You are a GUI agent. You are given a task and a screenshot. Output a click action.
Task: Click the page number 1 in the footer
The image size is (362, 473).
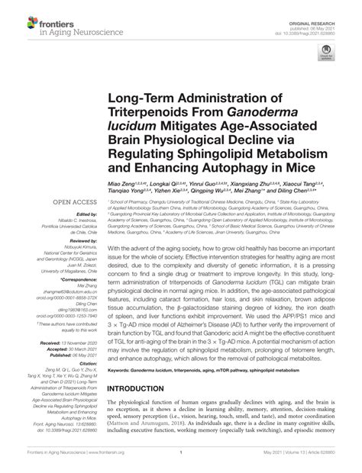(x=181, y=462)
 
